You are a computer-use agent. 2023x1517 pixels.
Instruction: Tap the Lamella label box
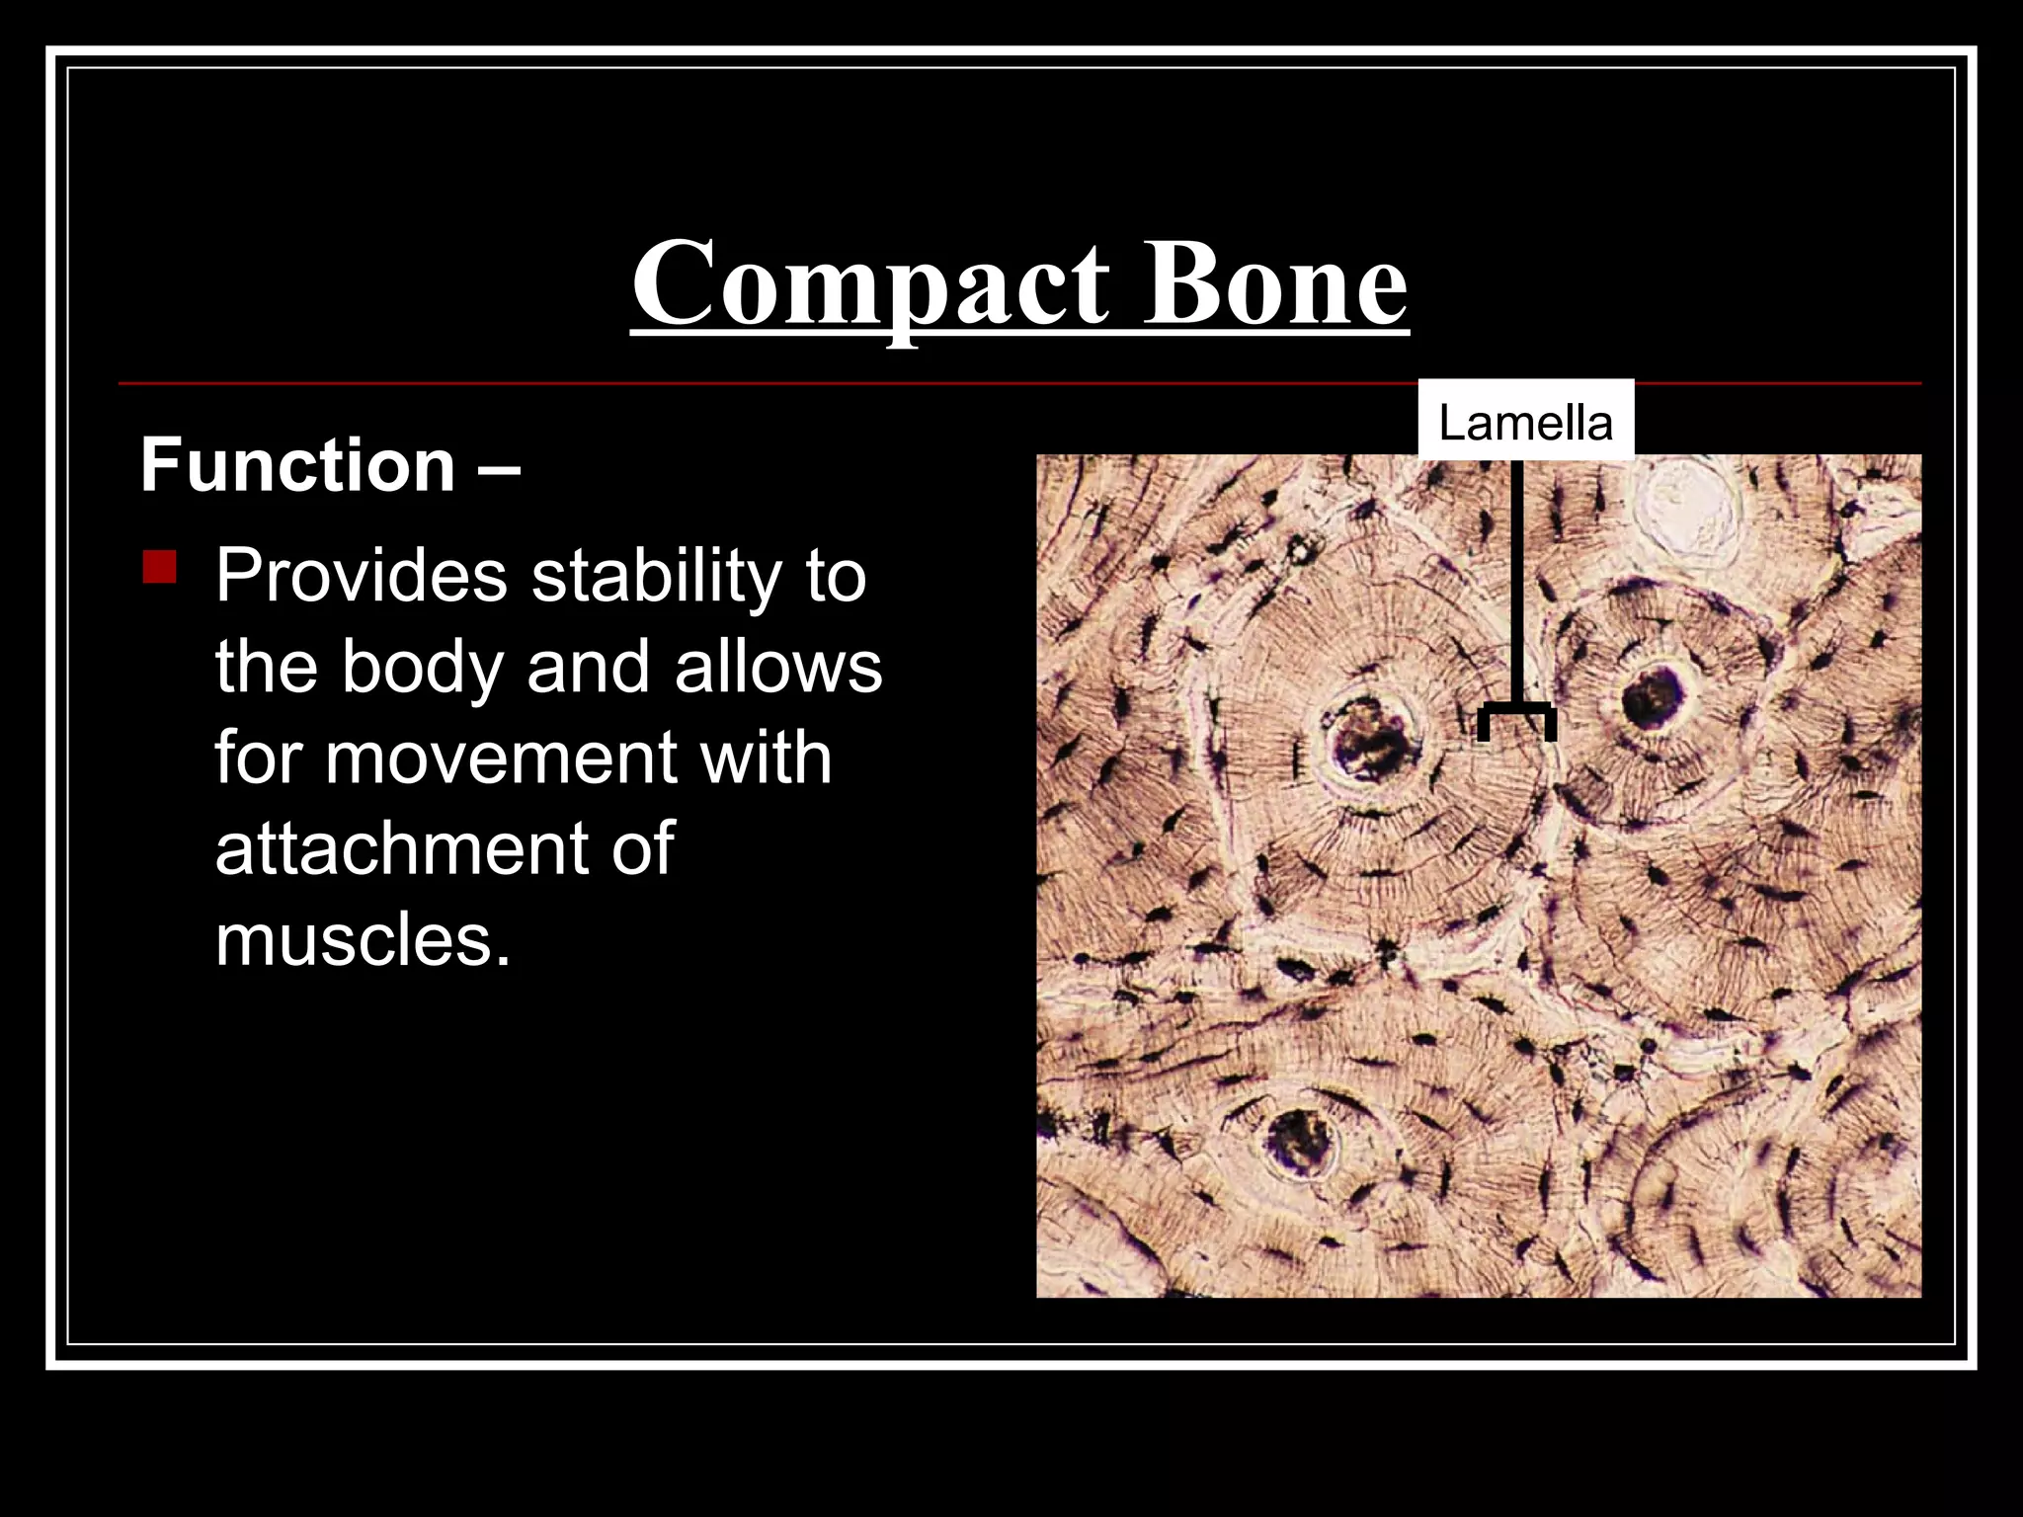(x=1525, y=422)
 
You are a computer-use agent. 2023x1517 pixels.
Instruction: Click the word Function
(x=296, y=465)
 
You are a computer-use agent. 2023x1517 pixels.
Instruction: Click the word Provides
(x=361, y=576)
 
